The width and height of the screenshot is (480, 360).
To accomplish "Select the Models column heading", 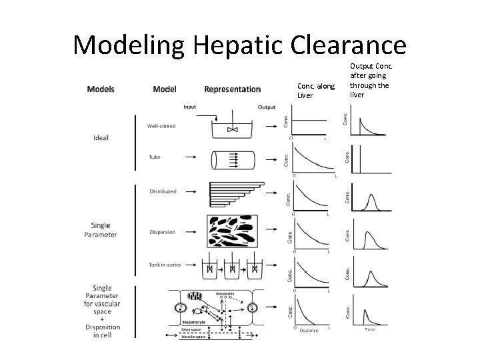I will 101,89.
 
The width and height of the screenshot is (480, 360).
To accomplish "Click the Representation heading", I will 232,89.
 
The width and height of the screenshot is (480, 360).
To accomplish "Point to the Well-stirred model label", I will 161,125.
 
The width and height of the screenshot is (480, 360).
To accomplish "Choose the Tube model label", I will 154,157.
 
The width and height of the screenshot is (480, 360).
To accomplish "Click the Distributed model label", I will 163,191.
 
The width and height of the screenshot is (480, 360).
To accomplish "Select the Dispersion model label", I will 162,232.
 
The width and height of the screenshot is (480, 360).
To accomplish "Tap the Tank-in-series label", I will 165,265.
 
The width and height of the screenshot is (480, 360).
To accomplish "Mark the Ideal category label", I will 101,138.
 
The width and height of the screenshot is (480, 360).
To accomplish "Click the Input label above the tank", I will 190,107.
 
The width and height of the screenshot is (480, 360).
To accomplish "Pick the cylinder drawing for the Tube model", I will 234,162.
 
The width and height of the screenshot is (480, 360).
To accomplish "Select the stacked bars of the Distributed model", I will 236,193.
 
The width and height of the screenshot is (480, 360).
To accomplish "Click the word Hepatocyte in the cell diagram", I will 196,321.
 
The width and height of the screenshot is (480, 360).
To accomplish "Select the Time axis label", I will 369,329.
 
